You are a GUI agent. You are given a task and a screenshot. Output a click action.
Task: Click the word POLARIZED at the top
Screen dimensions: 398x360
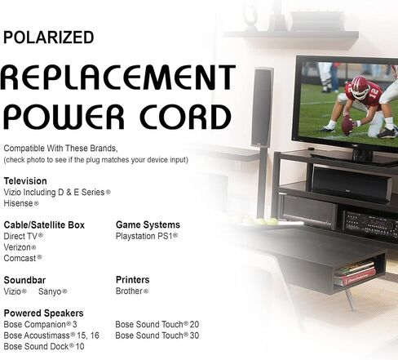point(49,38)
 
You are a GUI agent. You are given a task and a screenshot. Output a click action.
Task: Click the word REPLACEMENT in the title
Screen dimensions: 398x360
point(118,78)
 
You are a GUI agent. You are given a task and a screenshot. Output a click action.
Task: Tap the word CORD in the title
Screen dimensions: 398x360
point(185,117)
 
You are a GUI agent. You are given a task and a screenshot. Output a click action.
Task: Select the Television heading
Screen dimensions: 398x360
point(25,181)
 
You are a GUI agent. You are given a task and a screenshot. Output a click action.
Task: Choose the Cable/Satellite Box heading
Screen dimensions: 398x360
point(44,225)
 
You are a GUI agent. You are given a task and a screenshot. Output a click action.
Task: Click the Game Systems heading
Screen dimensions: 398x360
point(148,224)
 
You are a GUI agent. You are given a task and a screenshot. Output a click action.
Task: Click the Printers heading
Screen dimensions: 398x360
point(133,280)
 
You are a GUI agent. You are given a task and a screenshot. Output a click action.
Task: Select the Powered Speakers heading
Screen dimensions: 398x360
point(43,313)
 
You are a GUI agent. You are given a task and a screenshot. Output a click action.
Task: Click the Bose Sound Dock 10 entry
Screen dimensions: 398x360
point(44,346)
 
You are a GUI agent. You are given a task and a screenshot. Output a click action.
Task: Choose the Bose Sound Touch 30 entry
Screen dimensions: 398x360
point(157,336)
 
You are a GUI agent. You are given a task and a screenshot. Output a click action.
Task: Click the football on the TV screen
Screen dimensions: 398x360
point(347,125)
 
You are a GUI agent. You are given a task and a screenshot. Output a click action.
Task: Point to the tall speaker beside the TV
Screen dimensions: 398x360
point(262,108)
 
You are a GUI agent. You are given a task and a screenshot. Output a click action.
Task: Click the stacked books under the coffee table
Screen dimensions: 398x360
point(355,273)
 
